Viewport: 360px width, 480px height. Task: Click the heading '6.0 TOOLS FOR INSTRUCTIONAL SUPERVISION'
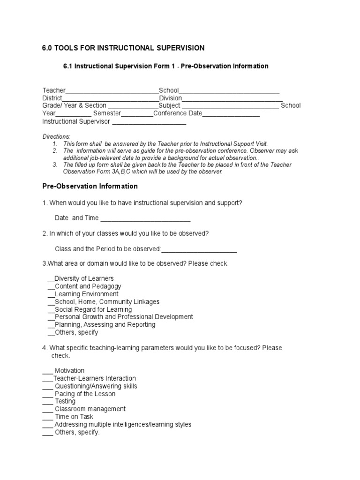123,48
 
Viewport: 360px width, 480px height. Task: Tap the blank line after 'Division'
232,99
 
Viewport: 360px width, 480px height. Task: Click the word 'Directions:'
56,136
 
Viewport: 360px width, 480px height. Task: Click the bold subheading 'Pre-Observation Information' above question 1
90,186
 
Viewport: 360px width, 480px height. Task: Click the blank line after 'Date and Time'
145,219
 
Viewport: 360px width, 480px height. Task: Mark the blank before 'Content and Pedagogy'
51,287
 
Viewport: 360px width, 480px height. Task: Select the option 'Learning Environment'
87,294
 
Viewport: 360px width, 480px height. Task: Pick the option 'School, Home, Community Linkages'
107,302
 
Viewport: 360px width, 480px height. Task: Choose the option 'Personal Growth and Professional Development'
124,317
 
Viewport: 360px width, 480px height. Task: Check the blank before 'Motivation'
48,371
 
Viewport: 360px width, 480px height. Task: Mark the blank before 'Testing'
48,402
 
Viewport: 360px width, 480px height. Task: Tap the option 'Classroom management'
90,409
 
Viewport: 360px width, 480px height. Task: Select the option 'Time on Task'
74,417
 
